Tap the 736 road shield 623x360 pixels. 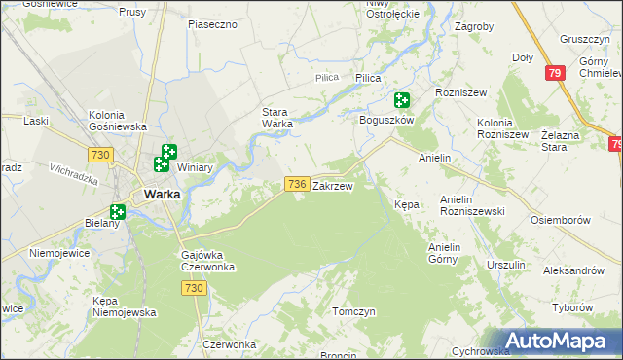pos(297,184)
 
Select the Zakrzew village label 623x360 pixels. pos(332,185)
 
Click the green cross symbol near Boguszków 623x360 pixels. pos(402,100)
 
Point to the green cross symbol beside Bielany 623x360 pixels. pos(118,211)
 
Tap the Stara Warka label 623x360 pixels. pos(277,118)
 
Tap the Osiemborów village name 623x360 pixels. pos(561,220)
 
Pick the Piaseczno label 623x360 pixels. pos(213,23)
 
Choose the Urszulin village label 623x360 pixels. pos(506,265)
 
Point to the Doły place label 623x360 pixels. pos(523,57)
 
